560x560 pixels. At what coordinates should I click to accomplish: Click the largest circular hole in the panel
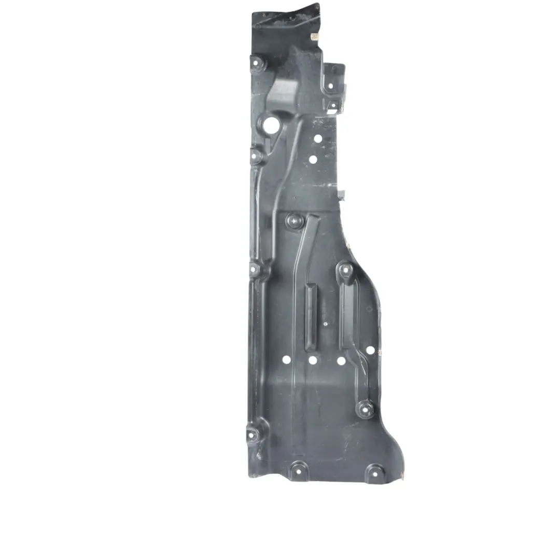271,125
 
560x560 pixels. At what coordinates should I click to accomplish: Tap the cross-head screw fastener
294,221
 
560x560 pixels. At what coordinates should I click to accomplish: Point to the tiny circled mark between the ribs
325,324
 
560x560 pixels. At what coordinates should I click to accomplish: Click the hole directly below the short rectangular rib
313,360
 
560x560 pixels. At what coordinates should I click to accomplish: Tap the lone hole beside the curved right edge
370,350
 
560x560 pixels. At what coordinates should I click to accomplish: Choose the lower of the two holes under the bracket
313,160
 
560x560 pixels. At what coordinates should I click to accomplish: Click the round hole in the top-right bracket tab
334,69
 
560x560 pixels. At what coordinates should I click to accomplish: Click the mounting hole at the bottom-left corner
253,433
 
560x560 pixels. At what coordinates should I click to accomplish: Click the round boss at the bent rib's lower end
365,409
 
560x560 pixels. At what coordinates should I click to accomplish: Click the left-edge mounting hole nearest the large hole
256,155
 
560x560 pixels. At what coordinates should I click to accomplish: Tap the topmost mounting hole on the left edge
256,64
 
